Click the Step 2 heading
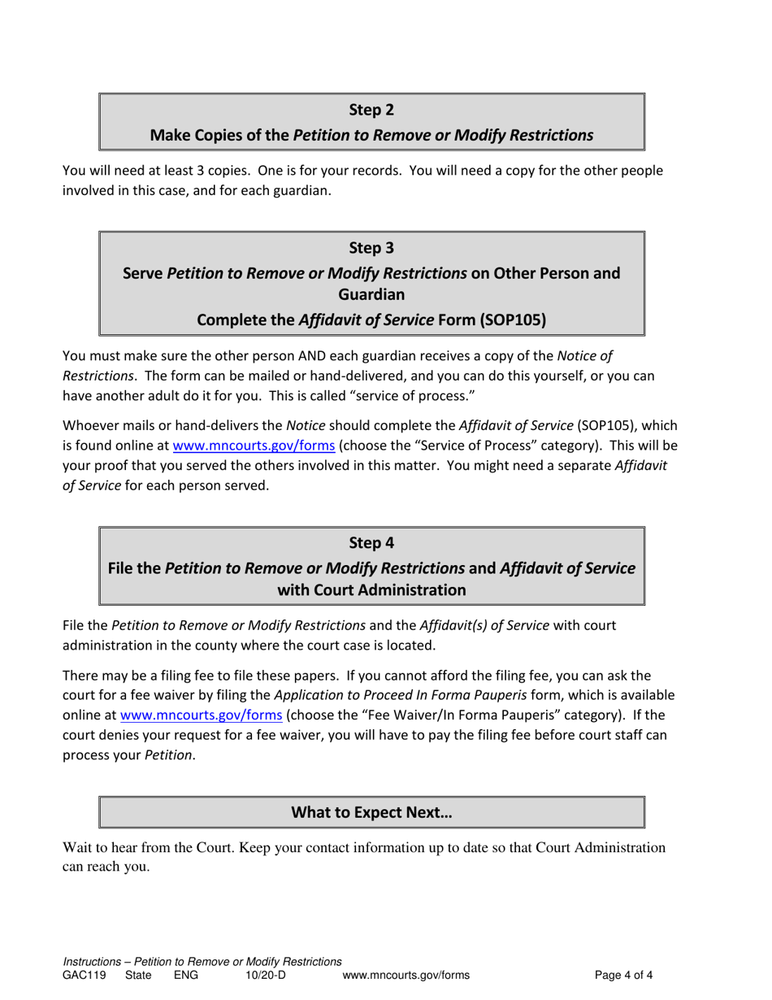tap(371, 110)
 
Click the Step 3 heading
tap(371, 247)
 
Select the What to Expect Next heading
tap(371, 811)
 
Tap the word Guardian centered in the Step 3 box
tap(371, 296)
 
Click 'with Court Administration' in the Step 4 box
tap(371, 589)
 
